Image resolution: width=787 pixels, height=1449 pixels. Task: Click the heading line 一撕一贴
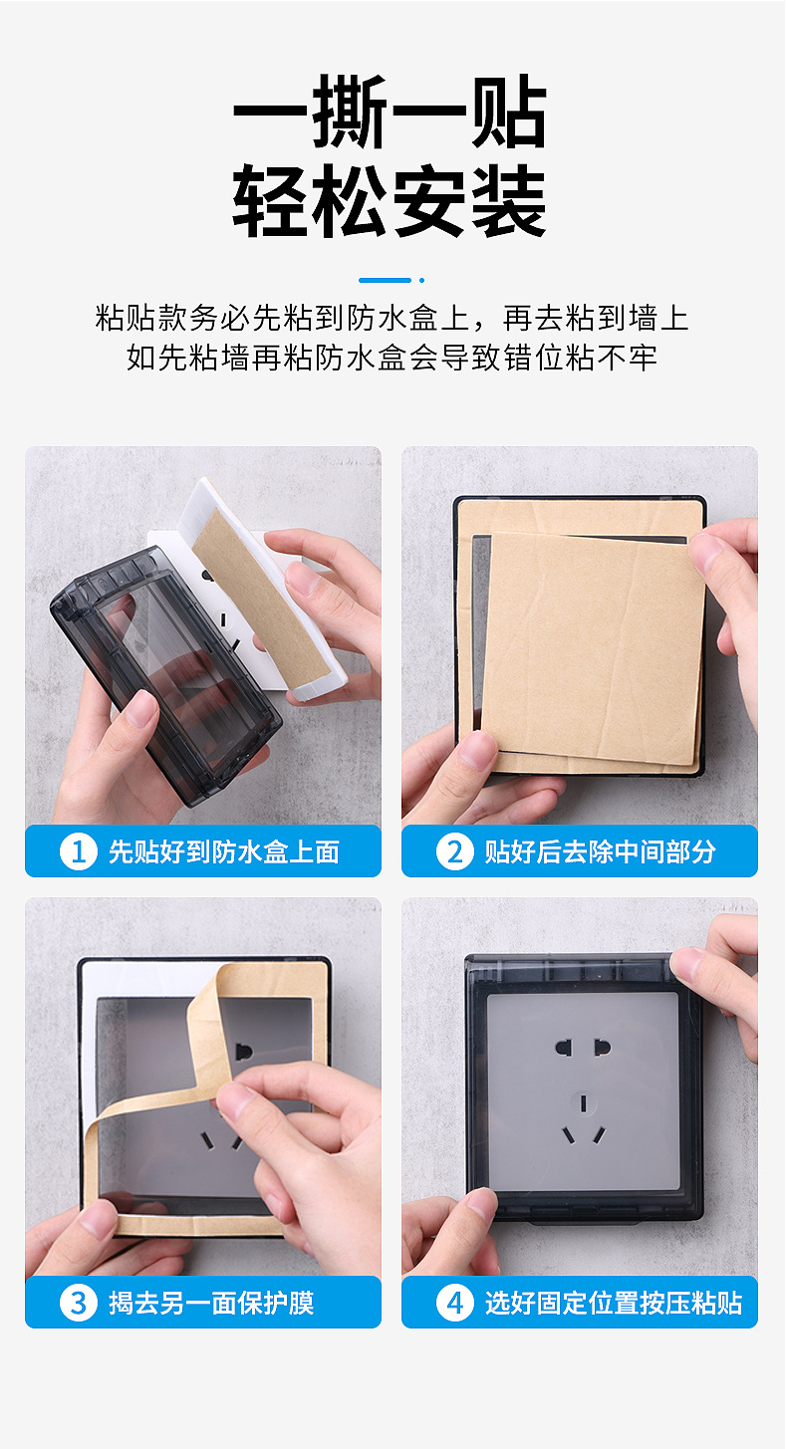click(390, 112)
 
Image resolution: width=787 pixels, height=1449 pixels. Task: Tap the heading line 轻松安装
click(390, 200)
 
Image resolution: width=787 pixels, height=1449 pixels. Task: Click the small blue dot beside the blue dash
click(422, 280)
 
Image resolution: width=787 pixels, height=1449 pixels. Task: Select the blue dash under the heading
click(386, 280)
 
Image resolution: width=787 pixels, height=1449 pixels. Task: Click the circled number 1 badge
click(79, 851)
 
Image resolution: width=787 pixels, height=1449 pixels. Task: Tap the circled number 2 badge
click(455, 851)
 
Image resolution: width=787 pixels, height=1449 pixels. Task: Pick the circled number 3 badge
click(79, 1303)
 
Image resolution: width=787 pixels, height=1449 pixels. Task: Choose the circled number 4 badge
click(455, 1303)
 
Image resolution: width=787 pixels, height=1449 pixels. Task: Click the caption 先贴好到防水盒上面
click(224, 851)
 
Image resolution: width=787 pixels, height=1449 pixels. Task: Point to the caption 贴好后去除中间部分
click(601, 851)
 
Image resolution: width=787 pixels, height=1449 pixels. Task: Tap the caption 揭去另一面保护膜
click(211, 1304)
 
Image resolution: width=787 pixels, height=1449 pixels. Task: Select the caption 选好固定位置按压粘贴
click(614, 1304)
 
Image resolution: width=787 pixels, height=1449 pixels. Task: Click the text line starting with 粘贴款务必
click(393, 318)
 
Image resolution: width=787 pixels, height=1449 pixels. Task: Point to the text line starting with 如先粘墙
click(393, 358)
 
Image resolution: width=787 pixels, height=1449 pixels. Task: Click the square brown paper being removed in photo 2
click(592, 647)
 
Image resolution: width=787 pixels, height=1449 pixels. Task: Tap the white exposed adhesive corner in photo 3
click(130, 978)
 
